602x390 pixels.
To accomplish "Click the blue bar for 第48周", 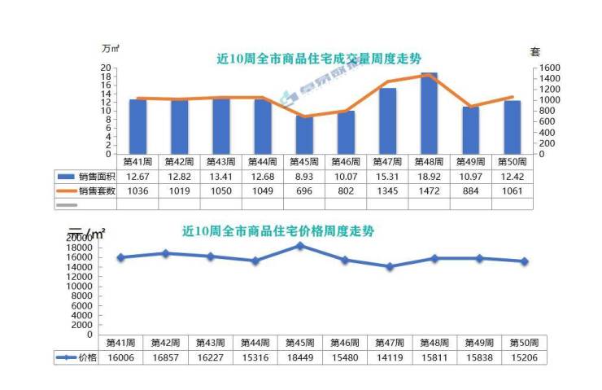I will [x=429, y=113].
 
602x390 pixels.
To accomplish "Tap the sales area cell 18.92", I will [x=429, y=177].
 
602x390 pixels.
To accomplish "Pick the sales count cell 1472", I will [x=429, y=191].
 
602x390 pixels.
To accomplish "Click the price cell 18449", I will [x=300, y=357].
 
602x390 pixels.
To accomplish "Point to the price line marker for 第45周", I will [x=300, y=245].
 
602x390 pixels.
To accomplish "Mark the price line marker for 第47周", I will [x=390, y=266].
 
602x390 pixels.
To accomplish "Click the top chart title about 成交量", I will [x=319, y=58].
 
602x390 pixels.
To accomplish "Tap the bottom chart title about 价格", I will [x=278, y=230].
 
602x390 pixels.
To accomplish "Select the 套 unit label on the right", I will [x=535, y=51].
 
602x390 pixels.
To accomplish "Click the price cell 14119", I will [x=390, y=357].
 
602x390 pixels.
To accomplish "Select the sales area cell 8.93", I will [x=304, y=177].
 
